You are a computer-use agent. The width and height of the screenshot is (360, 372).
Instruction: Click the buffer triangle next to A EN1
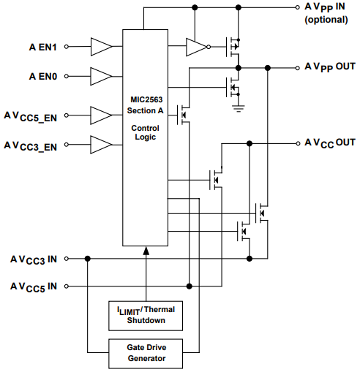(x=100, y=47)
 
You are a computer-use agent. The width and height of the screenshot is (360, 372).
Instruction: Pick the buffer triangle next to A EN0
(x=100, y=75)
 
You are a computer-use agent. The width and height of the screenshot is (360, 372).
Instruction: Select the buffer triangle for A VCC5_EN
(x=100, y=115)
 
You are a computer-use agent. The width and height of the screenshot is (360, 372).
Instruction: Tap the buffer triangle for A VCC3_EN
(x=100, y=144)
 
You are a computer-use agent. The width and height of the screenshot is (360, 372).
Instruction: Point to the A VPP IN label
(x=326, y=7)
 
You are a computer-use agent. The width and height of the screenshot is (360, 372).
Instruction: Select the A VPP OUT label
(x=329, y=67)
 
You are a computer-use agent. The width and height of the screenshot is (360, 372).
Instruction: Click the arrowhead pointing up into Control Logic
(x=146, y=251)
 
